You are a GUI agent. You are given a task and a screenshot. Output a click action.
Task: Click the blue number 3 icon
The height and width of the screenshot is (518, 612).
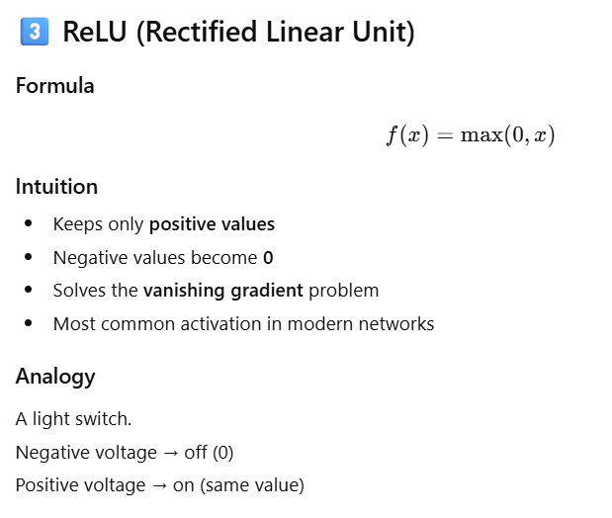(34, 32)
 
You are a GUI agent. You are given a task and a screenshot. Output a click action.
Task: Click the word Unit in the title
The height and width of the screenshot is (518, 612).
(384, 32)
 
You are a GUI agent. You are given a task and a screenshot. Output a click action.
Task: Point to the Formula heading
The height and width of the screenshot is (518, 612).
(55, 86)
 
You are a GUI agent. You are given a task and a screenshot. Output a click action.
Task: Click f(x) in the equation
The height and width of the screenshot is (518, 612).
(406, 135)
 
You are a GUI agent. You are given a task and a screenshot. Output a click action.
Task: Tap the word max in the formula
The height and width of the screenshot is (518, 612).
(481, 135)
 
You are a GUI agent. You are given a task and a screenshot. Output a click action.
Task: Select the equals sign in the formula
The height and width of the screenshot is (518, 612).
(445, 136)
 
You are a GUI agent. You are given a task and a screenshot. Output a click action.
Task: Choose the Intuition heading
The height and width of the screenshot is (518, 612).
(56, 187)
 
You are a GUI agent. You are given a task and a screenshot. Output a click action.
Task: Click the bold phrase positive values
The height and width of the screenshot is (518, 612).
(212, 224)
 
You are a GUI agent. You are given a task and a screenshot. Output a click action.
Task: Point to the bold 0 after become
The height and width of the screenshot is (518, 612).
(267, 258)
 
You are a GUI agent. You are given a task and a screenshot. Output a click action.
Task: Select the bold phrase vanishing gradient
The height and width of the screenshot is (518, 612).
(223, 291)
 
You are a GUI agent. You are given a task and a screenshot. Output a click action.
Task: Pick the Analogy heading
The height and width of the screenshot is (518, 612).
(55, 377)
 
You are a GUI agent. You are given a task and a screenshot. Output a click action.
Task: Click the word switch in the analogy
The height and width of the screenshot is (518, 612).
(106, 419)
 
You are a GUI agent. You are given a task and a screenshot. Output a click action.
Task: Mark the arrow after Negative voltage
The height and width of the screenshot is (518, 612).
(170, 453)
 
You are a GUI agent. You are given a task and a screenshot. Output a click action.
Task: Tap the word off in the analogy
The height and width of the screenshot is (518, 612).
(196, 453)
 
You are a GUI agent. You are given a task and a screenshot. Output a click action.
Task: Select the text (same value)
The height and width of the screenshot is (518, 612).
(260, 485)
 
